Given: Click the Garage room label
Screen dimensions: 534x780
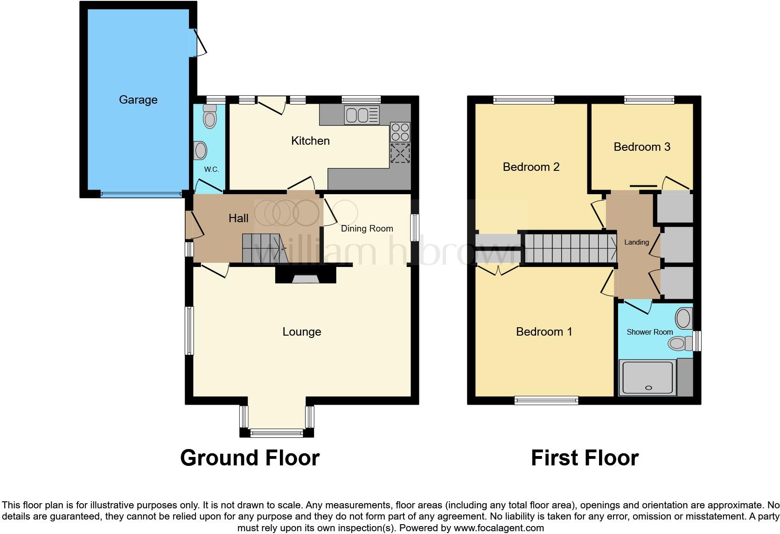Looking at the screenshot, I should (138, 99).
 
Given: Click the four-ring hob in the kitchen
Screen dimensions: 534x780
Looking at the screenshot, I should (400, 132).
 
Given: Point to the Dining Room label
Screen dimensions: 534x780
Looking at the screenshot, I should (367, 228).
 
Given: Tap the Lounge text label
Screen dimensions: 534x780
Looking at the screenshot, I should (302, 332).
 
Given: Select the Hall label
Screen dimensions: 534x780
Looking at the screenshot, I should (238, 218).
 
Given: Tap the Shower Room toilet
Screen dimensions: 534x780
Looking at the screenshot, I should (680, 344).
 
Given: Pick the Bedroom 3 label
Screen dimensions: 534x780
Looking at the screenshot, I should (642, 147).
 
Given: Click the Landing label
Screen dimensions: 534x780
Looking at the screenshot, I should (636, 242).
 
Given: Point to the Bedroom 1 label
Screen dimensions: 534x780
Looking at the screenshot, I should (544, 332).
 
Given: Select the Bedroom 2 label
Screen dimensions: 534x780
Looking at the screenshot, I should (531, 167).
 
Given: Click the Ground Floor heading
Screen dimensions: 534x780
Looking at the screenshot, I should (250, 458).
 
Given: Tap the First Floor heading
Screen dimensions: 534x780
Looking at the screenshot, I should (585, 458).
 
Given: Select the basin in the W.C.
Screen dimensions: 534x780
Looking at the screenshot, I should (201, 151).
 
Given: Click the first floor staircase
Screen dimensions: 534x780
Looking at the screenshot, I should (569, 248).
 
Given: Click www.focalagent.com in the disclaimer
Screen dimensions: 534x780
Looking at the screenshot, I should (499, 528).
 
